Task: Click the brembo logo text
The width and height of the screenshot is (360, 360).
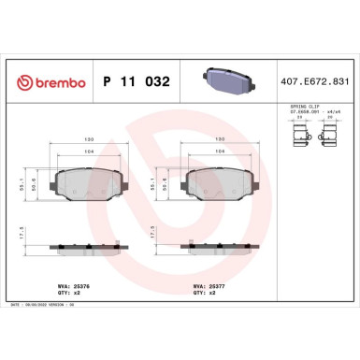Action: (x=49, y=82)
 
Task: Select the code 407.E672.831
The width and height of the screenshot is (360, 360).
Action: (x=319, y=82)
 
